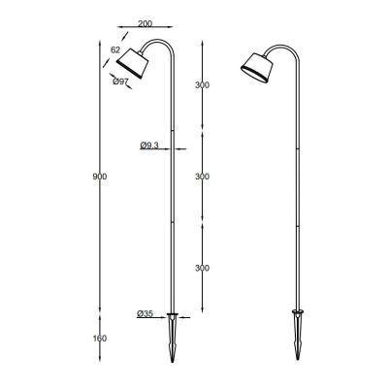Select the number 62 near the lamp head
coord(115,49)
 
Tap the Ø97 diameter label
coord(120,82)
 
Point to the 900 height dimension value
coord(95,176)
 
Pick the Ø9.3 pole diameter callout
coord(148,145)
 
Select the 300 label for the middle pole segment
coord(202,176)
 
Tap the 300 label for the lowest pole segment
coord(202,268)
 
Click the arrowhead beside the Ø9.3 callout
coord(167,145)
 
